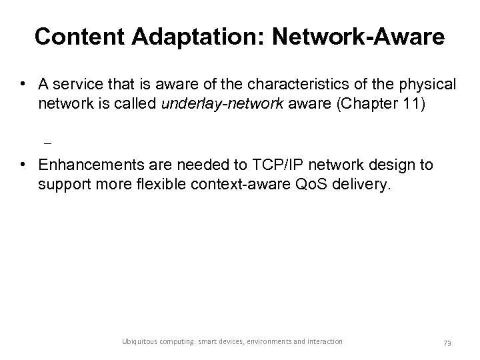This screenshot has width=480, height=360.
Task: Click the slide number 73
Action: pos(447,342)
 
